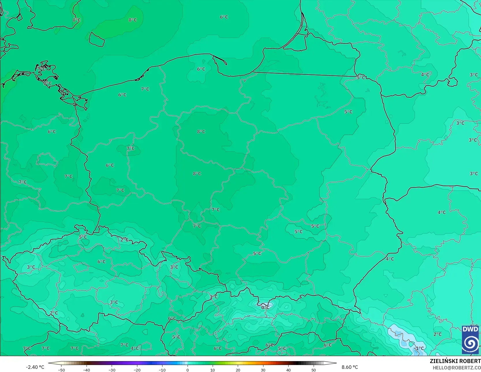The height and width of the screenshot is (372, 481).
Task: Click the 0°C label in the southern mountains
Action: pos(265,308)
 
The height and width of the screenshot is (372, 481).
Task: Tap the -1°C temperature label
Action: pos(419,348)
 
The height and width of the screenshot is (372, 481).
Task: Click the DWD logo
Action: pos(471,340)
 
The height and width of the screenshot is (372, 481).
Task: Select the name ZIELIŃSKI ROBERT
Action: pos(455,361)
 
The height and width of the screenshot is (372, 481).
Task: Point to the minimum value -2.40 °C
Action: pos(35,367)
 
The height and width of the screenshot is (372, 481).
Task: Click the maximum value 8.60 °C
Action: pos(350,367)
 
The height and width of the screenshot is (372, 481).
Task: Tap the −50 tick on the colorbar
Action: pos(61,370)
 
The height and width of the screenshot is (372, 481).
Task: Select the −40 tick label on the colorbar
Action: pos(87,370)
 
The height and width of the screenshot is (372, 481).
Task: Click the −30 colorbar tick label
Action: pos(112,370)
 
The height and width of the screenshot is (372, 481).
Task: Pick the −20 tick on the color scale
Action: pos(137,370)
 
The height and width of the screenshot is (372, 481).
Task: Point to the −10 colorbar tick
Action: pos(162,370)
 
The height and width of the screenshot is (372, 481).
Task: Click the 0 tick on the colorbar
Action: pos(188,370)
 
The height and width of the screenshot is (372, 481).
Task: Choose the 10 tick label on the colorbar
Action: pos(213,370)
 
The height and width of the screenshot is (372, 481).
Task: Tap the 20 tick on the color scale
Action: pos(238,370)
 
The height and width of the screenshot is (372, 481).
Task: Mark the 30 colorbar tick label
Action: pos(263,370)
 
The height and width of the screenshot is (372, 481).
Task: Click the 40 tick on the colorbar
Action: pos(288,370)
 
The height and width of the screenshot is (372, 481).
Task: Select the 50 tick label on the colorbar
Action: pos(314,370)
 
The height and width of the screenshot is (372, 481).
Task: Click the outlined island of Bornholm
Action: pos(96,39)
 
